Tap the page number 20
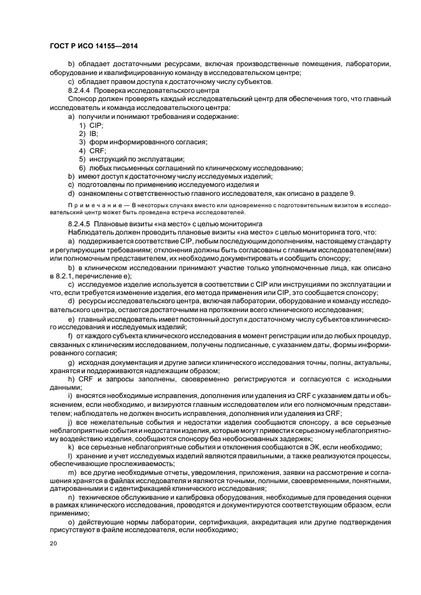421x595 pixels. tap(53, 543)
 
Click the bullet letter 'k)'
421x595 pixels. tap(71, 447)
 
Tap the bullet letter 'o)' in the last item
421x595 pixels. tap(71, 522)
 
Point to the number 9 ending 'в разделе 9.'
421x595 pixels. tap(352, 193)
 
